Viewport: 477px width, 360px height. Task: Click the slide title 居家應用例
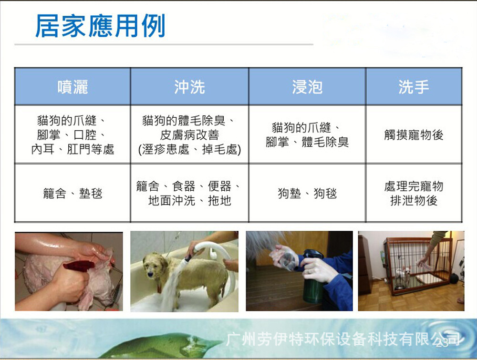pyautogui.click(x=100, y=26)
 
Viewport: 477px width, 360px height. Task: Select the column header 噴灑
pyautogui.click(x=73, y=87)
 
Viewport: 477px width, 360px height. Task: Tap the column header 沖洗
pyautogui.click(x=189, y=87)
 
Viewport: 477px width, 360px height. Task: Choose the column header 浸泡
pyautogui.click(x=307, y=87)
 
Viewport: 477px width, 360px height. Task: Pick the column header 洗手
pyautogui.click(x=414, y=87)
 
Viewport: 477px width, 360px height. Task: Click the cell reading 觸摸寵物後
pyautogui.click(x=414, y=134)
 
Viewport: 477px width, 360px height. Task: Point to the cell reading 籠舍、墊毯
pyautogui.click(x=73, y=193)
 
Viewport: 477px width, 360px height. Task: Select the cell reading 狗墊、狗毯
pyautogui.click(x=307, y=193)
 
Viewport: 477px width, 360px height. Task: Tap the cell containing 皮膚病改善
pyautogui.click(x=189, y=134)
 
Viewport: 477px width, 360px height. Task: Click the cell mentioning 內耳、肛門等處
pyautogui.click(x=73, y=134)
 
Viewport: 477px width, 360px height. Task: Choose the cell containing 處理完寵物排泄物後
pyautogui.click(x=414, y=193)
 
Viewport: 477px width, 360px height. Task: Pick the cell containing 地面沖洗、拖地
pyautogui.click(x=189, y=193)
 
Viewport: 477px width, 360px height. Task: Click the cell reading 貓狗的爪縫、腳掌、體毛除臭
pyautogui.click(x=307, y=134)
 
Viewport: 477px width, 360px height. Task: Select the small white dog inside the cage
pyautogui.click(x=405, y=275)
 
